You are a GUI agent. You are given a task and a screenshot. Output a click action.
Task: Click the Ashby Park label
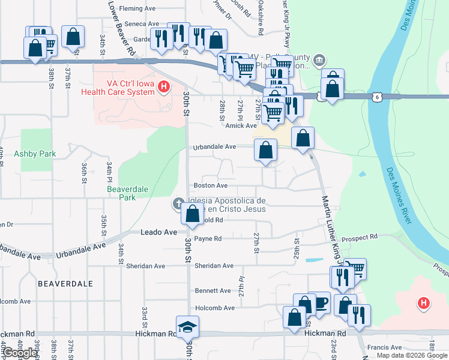pyautogui.click(x=35, y=154)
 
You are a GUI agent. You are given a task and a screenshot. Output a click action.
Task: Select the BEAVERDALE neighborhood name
pyautogui.click(x=59, y=281)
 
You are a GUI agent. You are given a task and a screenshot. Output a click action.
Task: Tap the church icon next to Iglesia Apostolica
pyautogui.click(x=178, y=204)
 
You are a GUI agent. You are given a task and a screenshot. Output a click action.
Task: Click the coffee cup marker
pyautogui.click(x=319, y=303)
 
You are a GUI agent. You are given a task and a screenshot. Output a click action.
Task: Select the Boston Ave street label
pyautogui.click(x=210, y=186)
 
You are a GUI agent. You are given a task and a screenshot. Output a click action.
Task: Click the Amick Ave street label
pyautogui.click(x=241, y=125)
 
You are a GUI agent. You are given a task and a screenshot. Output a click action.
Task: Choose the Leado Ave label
pyautogui.click(x=158, y=232)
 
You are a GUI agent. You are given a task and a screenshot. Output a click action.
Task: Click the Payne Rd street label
pyautogui.click(x=208, y=238)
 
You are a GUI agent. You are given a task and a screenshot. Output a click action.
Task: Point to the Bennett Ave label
pyautogui.click(x=212, y=290)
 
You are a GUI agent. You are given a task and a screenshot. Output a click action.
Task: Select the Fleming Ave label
pyautogui.click(x=137, y=9)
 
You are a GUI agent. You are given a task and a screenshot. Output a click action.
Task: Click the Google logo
pyautogui.click(x=19, y=353)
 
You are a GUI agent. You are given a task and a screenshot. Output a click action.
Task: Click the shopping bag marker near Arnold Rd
pyautogui.click(x=192, y=214)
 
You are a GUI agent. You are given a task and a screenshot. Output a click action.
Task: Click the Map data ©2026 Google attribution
pyautogui.click(x=411, y=355)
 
